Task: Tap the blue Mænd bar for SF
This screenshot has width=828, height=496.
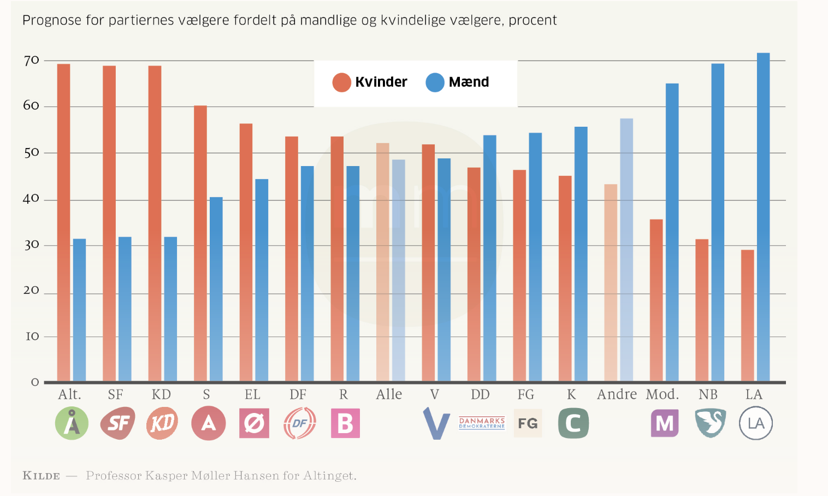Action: [125, 309]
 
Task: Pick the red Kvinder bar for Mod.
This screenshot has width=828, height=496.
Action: [656, 300]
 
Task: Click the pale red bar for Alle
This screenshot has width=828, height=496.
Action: [383, 262]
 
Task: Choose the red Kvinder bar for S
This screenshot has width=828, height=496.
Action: [200, 243]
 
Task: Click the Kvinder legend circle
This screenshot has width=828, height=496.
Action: [341, 82]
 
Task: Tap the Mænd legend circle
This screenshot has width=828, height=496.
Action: [435, 82]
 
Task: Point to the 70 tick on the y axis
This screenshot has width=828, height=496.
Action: [32, 60]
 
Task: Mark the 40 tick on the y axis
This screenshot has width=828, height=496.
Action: [32, 198]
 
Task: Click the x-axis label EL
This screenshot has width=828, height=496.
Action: [252, 394]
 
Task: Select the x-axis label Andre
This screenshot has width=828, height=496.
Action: [617, 394]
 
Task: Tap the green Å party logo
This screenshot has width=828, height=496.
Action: [72, 423]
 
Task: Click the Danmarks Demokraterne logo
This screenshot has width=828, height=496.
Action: [482, 423]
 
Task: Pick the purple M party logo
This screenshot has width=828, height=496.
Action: [664, 423]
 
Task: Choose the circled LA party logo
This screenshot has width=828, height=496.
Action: [756, 423]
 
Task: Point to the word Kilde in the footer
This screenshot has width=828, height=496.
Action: [42, 476]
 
